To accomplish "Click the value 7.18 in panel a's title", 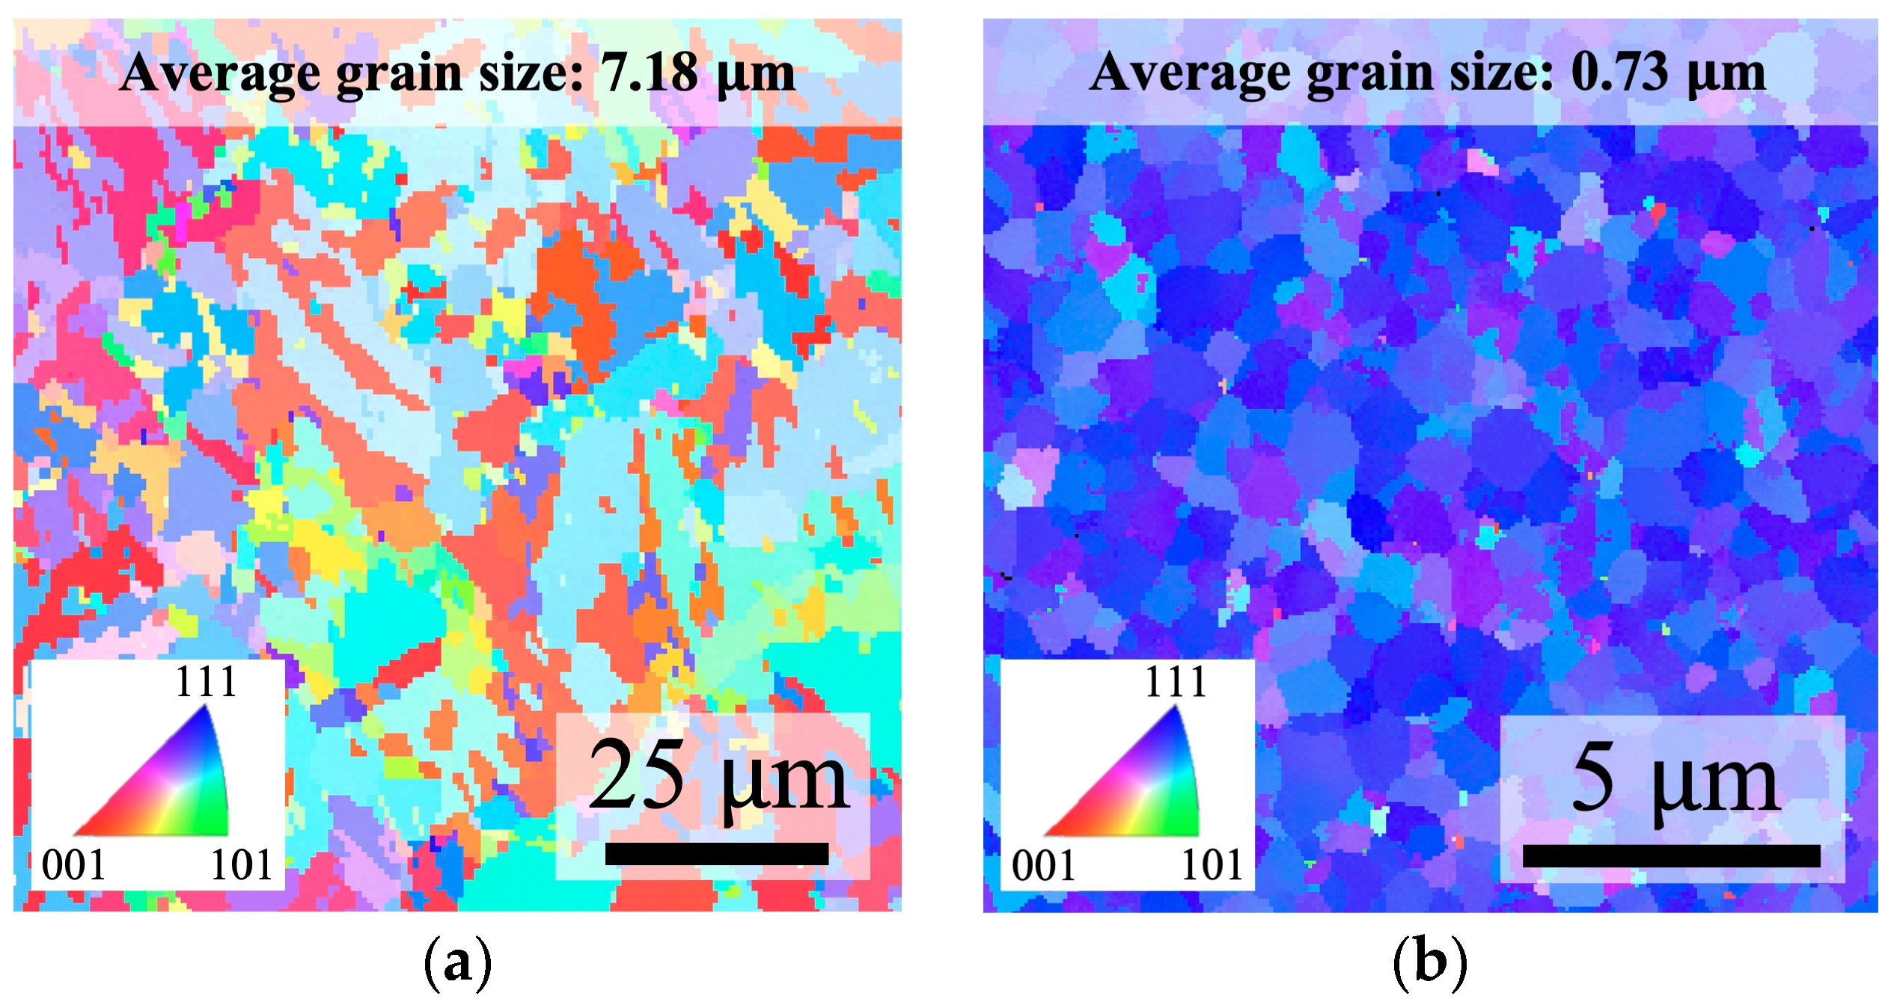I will [x=649, y=73].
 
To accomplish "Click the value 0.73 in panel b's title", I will [x=1619, y=73].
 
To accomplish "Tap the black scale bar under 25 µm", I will [x=716, y=853].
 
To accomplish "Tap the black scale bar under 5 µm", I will [x=1671, y=855].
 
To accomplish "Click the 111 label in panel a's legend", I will [x=205, y=682].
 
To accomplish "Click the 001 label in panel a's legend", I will [x=73, y=865].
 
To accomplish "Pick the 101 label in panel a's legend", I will [x=241, y=865].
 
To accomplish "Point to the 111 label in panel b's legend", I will [x=1176, y=682].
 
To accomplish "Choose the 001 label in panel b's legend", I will [x=1043, y=866].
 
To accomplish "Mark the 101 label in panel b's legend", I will [x=1212, y=866].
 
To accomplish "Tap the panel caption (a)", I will [x=457, y=963].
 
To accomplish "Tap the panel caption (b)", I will [x=1429, y=963].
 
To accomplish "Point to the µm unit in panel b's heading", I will [x=1726, y=75].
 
